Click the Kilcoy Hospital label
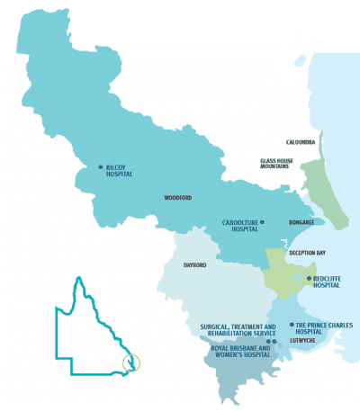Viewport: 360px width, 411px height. click(x=119, y=170)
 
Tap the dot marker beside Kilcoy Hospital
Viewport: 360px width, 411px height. click(x=101, y=166)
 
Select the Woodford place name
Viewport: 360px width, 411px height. click(x=178, y=198)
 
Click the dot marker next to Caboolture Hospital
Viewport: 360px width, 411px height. click(x=262, y=221)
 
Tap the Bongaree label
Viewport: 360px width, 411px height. click(x=301, y=222)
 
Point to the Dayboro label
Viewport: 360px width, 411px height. click(x=195, y=265)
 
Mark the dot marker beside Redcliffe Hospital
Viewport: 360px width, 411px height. click(x=309, y=279)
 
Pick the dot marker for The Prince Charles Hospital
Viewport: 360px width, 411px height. click(x=290, y=325)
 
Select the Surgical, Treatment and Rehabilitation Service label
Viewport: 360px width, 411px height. click(x=232, y=330)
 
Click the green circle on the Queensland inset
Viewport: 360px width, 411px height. click(x=132, y=363)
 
